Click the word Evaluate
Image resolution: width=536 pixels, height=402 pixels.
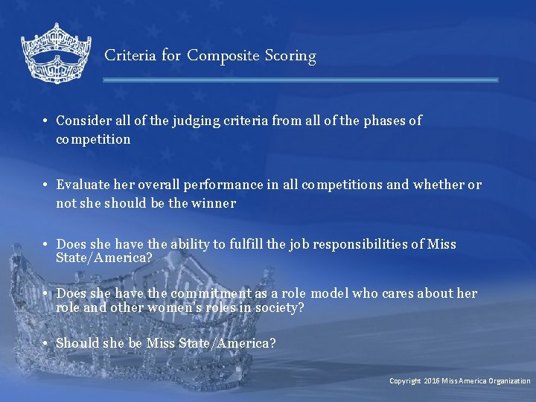pos(81,185)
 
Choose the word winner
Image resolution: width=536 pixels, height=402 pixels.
pos(214,203)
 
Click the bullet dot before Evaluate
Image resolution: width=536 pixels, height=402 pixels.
pos(45,185)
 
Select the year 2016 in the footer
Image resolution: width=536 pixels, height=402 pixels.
pos(432,381)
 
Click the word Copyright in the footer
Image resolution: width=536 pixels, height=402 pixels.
pos(405,381)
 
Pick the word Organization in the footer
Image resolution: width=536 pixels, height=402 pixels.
pos(508,381)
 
